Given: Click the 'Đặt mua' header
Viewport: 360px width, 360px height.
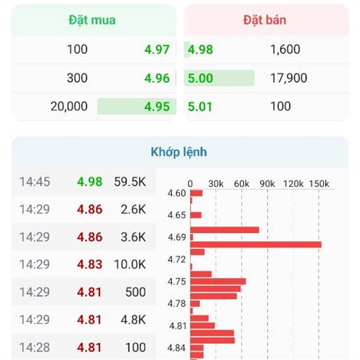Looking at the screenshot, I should (91, 20).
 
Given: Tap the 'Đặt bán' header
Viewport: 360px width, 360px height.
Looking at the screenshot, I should (265, 20).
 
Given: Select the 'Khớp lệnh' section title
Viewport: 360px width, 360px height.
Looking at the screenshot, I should (179, 152).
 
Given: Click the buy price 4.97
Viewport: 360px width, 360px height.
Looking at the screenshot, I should (157, 49).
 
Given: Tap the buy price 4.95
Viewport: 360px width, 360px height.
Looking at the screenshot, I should (157, 106).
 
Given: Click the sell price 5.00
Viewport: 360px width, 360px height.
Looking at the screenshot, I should (200, 78).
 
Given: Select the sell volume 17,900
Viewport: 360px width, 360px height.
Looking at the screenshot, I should (289, 78).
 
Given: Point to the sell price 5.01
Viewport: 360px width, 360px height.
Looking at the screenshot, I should (200, 106).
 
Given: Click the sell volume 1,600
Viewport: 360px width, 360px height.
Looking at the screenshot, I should (285, 49).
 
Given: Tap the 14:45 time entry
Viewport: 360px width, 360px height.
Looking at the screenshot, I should (35, 181).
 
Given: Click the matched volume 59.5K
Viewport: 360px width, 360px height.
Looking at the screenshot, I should (130, 181).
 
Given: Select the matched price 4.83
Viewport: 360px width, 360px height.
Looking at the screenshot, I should (89, 264).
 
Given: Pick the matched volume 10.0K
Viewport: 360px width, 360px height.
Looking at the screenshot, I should (130, 264).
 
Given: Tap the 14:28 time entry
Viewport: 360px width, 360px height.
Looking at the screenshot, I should (35, 347).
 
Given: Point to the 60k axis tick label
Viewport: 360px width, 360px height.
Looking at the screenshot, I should (241, 183).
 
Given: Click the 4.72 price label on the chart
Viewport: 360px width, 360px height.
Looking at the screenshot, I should (177, 259).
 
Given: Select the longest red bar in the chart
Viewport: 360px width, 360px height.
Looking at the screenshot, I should (256, 244).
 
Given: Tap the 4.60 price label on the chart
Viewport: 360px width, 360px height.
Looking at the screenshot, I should (177, 193).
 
